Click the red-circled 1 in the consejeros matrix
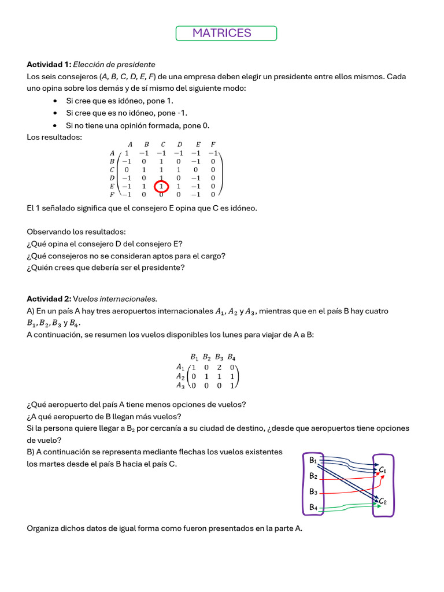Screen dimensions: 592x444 click(x=161, y=187)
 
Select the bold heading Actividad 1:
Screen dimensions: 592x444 click(x=49, y=64)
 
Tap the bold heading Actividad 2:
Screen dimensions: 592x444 click(x=49, y=299)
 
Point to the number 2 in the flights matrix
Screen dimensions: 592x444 click(x=220, y=367)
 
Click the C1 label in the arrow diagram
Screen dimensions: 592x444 click(x=382, y=470)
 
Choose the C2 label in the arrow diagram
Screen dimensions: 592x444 click(x=382, y=501)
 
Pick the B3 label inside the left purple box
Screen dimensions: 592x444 click(x=313, y=491)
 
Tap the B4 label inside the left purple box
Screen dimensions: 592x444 click(x=313, y=507)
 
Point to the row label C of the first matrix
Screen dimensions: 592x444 click(x=112, y=170)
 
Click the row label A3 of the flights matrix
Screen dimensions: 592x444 click(x=180, y=386)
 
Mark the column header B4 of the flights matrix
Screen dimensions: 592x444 click(x=231, y=356)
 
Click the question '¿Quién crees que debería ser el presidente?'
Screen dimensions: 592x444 click(x=106, y=267)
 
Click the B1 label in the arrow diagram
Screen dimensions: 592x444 click(x=313, y=460)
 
